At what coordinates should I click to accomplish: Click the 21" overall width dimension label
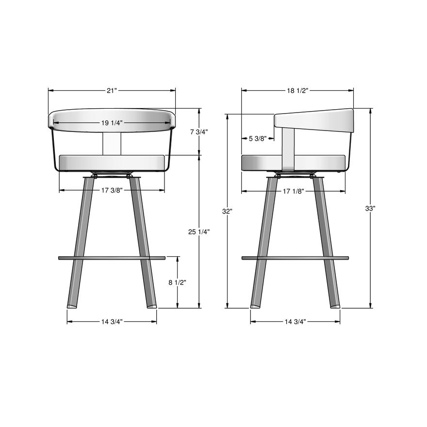[x=112, y=90]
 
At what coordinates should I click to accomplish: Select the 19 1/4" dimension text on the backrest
[x=112, y=123]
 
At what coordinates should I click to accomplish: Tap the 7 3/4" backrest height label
[x=198, y=132]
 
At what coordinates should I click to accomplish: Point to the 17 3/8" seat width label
[x=112, y=190]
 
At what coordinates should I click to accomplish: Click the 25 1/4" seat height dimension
[x=198, y=232]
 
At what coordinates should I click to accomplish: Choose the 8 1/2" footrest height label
[x=178, y=282]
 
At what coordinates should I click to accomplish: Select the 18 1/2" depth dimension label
[x=297, y=90]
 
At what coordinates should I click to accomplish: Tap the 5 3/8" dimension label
[x=258, y=139]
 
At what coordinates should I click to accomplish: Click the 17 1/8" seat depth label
[x=293, y=191]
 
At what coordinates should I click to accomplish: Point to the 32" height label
[x=227, y=211]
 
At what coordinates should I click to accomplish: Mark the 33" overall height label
[x=370, y=208]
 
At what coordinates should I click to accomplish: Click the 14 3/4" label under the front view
[x=112, y=321]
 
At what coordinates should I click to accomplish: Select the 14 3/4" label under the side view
[x=295, y=321]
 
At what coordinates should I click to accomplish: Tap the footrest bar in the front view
[x=112, y=258]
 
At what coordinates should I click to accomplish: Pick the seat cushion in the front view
[x=112, y=163]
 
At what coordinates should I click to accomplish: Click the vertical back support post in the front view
[x=112, y=144]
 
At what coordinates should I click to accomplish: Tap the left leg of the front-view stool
[x=81, y=243]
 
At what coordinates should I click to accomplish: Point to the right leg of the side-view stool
[x=327, y=243]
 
